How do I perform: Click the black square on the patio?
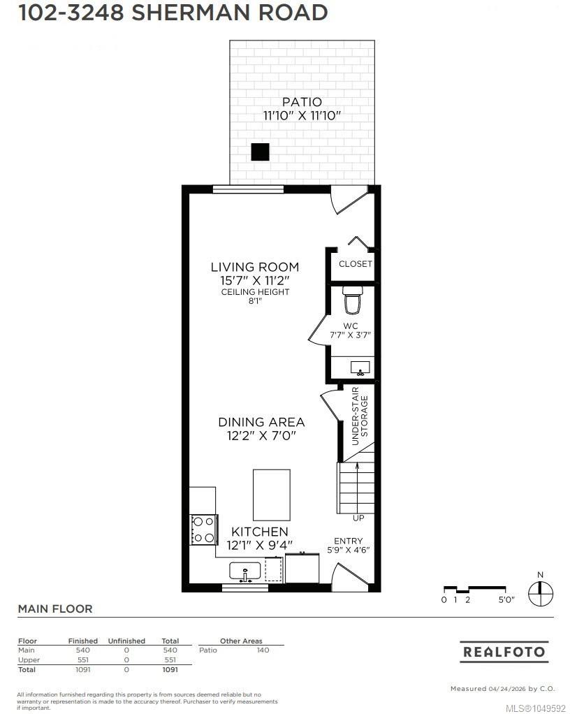260,152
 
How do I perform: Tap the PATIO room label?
302,102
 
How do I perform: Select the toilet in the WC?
352,300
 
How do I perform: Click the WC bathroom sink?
360,367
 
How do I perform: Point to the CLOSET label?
356,263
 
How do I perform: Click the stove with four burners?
203,530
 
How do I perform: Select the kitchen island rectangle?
271,495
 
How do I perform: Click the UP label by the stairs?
358,518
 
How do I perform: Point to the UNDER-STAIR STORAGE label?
360,416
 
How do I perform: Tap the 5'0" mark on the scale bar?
506,599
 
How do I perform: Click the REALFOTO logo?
504,652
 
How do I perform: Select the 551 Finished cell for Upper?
83,660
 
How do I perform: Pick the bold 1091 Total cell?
170,669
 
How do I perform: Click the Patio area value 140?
263,650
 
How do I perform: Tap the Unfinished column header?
126,641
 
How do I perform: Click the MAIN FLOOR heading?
55,609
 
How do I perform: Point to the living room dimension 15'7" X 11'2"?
255,281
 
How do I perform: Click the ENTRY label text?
349,541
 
